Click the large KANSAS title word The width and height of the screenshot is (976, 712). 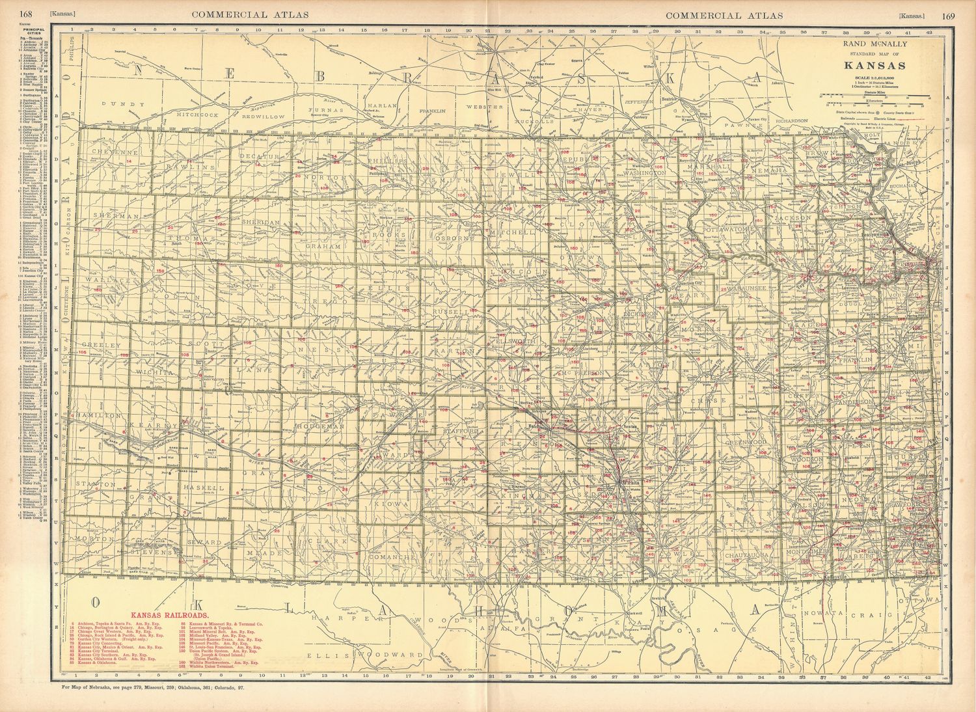pos(875,65)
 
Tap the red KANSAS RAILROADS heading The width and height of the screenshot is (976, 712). pos(169,614)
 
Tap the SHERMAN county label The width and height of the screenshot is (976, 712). pos(109,215)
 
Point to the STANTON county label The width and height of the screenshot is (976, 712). pos(95,484)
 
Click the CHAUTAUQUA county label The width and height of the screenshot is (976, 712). pos(749,555)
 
